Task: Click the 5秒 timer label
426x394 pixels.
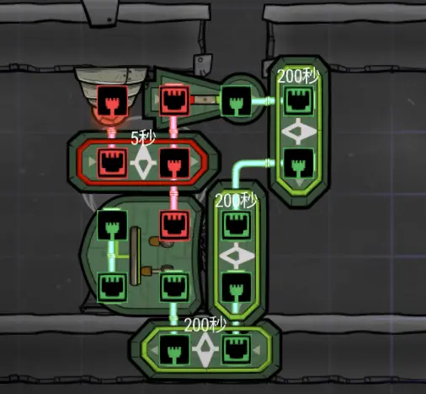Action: pyautogui.click(x=143, y=138)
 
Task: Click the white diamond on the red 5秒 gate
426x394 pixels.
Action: pyautogui.click(x=143, y=163)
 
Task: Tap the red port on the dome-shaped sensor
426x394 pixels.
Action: pyautogui.click(x=112, y=100)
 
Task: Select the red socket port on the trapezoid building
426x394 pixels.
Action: pyautogui.click(x=174, y=100)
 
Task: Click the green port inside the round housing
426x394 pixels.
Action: pyautogui.click(x=236, y=100)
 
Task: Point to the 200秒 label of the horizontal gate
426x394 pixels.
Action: pyautogui.click(x=205, y=325)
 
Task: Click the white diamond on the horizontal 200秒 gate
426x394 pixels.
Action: pyautogui.click(x=205, y=349)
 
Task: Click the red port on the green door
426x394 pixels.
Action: pyautogui.click(x=174, y=225)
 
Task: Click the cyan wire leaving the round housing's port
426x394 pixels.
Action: pyautogui.click(x=263, y=100)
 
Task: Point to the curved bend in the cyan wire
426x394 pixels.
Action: pyautogui.click(x=238, y=168)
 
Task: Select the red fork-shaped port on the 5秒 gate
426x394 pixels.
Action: pyautogui.click(x=174, y=163)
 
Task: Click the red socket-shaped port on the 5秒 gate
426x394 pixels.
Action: pyautogui.click(x=112, y=163)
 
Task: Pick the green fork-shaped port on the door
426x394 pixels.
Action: pyautogui.click(x=112, y=225)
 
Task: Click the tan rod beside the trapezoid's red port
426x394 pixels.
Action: pyautogui.click(x=205, y=100)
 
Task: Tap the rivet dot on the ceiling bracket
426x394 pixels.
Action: pyautogui.click(x=109, y=19)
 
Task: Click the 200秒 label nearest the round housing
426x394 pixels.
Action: pyautogui.click(x=298, y=76)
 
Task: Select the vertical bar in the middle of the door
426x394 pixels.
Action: pyautogui.click(x=136, y=256)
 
